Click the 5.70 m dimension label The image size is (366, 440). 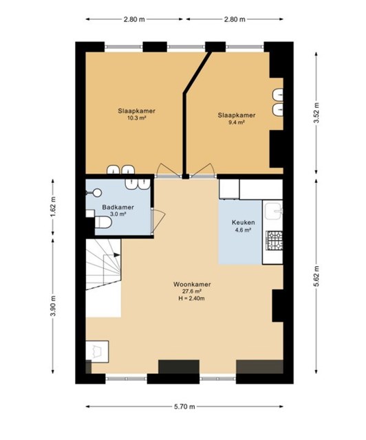pyautogui.click(x=184, y=406)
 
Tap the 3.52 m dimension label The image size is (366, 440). pyautogui.click(x=316, y=113)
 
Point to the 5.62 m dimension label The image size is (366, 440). pyautogui.click(x=316, y=276)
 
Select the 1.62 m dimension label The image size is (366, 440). pyautogui.click(x=54, y=206)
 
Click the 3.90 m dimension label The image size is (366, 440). pyautogui.click(x=54, y=306)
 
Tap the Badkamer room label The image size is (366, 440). pyautogui.click(x=118, y=208)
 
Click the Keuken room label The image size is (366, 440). pyautogui.click(x=244, y=223)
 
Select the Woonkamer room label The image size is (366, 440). pyautogui.click(x=192, y=284)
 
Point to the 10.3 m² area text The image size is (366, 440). pyautogui.click(x=137, y=118)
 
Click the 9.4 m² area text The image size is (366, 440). pyautogui.click(x=237, y=122)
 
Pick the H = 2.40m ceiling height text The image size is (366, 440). pyautogui.click(x=191, y=298)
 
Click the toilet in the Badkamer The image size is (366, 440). pyautogui.click(x=103, y=222)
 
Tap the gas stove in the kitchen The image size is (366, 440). pyautogui.click(x=274, y=240)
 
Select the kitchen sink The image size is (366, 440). pyautogui.click(x=274, y=210)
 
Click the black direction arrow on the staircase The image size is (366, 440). pyautogui.click(x=117, y=255)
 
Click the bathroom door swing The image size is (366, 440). pyautogui.click(x=158, y=221)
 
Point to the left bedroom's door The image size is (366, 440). pyautogui.click(x=169, y=170)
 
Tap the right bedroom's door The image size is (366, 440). pyautogui.click(x=203, y=170)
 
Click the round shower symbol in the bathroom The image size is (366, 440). pyautogui.click(x=98, y=192)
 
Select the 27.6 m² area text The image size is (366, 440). pyautogui.click(x=192, y=291)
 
